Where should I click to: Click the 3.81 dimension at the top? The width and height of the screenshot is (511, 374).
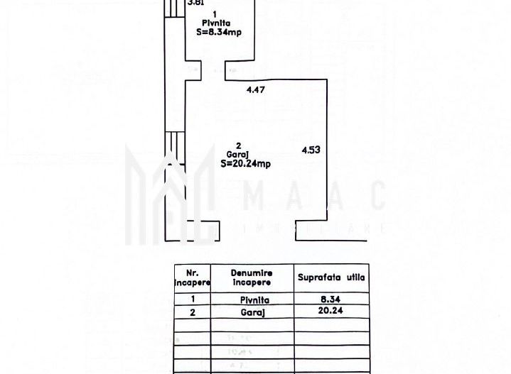[195, 3]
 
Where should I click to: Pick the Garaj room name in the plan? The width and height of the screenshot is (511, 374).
[230, 154]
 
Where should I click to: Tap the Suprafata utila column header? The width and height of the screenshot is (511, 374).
[331, 277]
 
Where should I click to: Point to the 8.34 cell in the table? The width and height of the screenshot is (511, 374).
[331, 299]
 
